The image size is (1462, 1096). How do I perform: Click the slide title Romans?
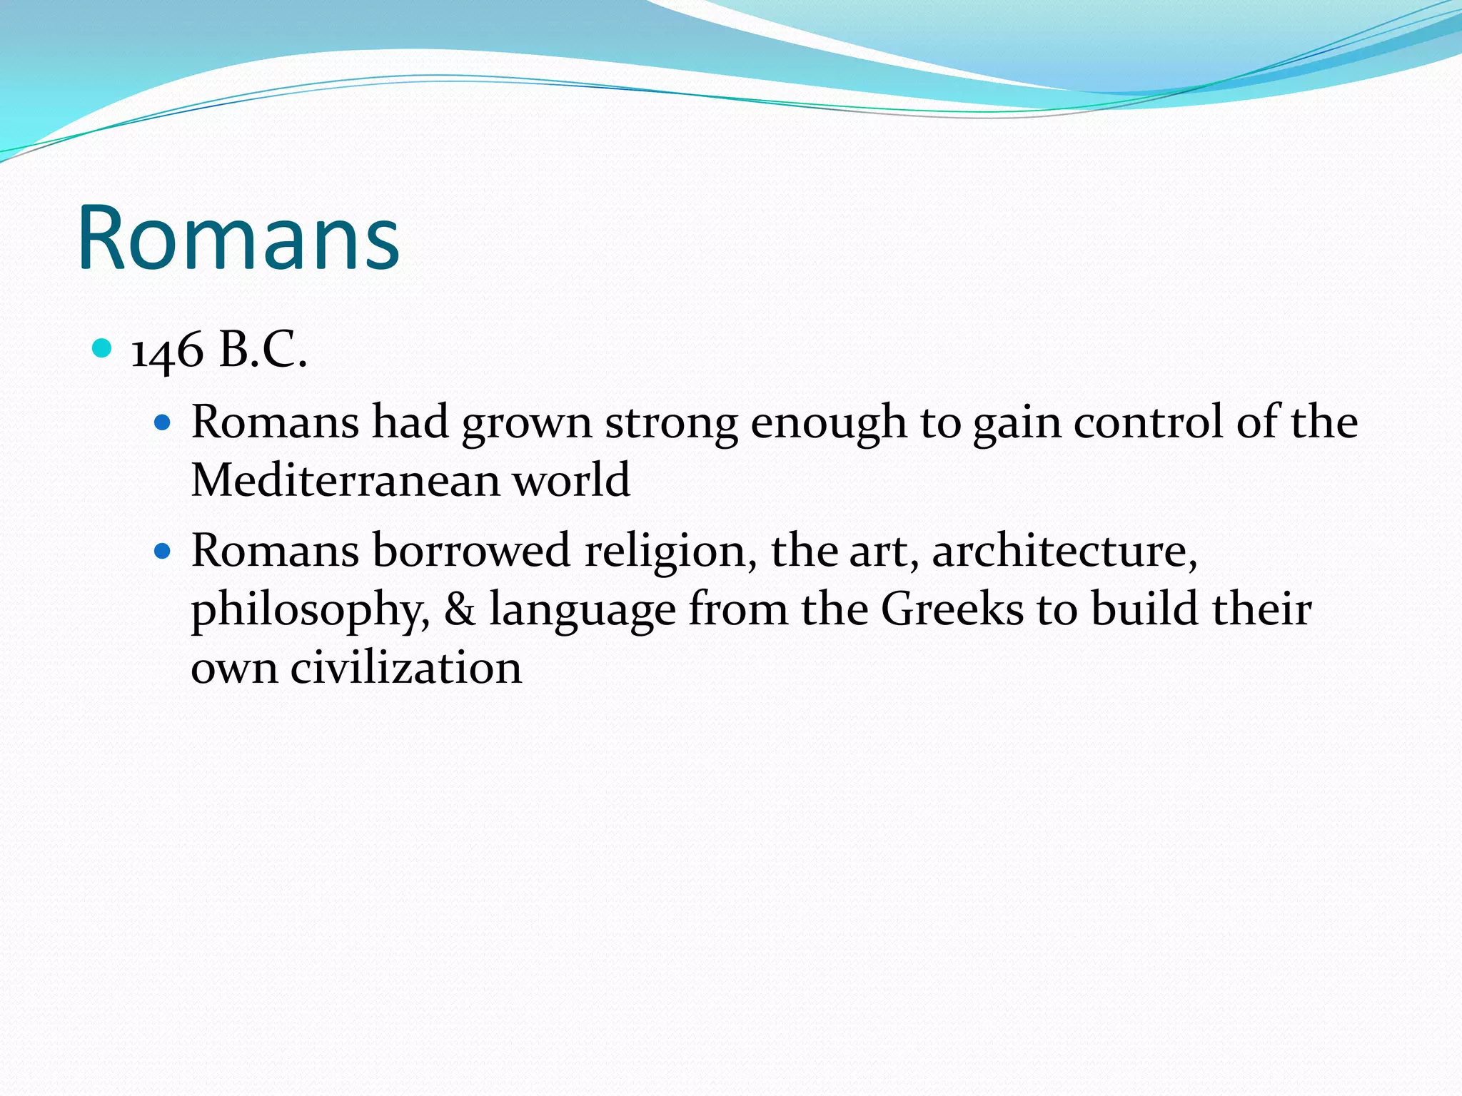click(238, 238)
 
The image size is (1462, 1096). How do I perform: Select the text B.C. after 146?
click(263, 351)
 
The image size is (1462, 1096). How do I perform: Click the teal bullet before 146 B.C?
click(103, 349)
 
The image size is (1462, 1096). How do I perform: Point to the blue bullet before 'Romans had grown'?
click(163, 423)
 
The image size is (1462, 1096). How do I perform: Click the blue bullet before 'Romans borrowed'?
click(163, 552)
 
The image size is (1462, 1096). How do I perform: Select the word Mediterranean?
click(346, 479)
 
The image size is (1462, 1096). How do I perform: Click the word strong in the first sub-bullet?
click(671, 423)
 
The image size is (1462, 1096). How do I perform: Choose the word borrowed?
click(471, 551)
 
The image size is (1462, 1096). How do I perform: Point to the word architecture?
click(1064, 551)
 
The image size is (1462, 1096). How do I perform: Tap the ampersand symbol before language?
click(460, 611)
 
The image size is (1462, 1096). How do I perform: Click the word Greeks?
click(952, 609)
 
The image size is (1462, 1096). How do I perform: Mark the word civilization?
click(405, 668)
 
